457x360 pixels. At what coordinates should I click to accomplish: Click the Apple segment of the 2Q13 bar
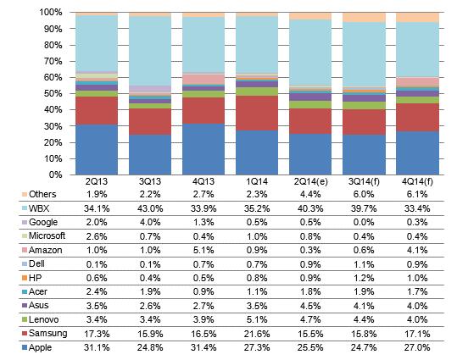pos(97,150)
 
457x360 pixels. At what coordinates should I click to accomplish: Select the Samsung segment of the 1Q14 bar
pos(257,113)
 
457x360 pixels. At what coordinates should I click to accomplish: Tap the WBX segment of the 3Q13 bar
pos(150,51)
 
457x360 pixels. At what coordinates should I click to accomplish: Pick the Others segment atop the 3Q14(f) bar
pos(364,18)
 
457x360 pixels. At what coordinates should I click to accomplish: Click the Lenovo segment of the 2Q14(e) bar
pos(310,104)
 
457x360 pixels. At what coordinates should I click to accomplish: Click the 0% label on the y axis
pos(55,174)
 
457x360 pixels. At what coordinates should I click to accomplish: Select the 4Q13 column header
pos(203,182)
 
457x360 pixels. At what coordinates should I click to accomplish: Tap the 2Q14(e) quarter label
pos(310,182)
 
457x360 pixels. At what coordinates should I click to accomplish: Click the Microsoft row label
pos(47,235)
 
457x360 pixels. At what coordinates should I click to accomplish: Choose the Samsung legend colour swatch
pos(25,333)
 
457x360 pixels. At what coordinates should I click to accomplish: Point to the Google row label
pos(43,222)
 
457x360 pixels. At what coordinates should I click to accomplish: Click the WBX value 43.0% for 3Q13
pos(150,208)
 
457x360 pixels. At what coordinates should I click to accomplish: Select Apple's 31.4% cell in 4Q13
pos(203,347)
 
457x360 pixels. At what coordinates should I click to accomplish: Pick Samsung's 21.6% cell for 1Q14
pos(257,334)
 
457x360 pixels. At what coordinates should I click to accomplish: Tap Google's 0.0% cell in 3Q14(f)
pos(364,222)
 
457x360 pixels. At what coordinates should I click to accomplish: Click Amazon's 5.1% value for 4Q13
pos(203,250)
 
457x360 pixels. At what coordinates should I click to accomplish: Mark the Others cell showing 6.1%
pos(417,194)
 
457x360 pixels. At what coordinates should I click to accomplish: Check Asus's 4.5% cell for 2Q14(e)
pos(310,306)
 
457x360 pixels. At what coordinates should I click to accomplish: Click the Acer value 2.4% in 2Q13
pos(97,291)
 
